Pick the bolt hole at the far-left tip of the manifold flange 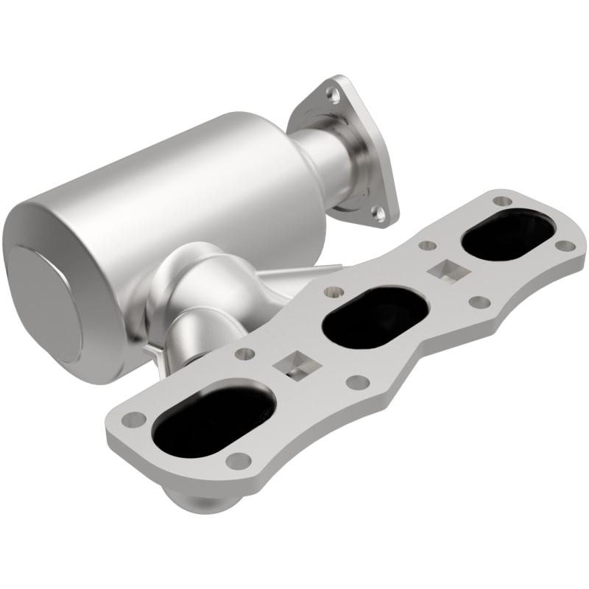pyautogui.click(x=135, y=419)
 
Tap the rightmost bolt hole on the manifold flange pyautogui.click(x=564, y=246)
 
